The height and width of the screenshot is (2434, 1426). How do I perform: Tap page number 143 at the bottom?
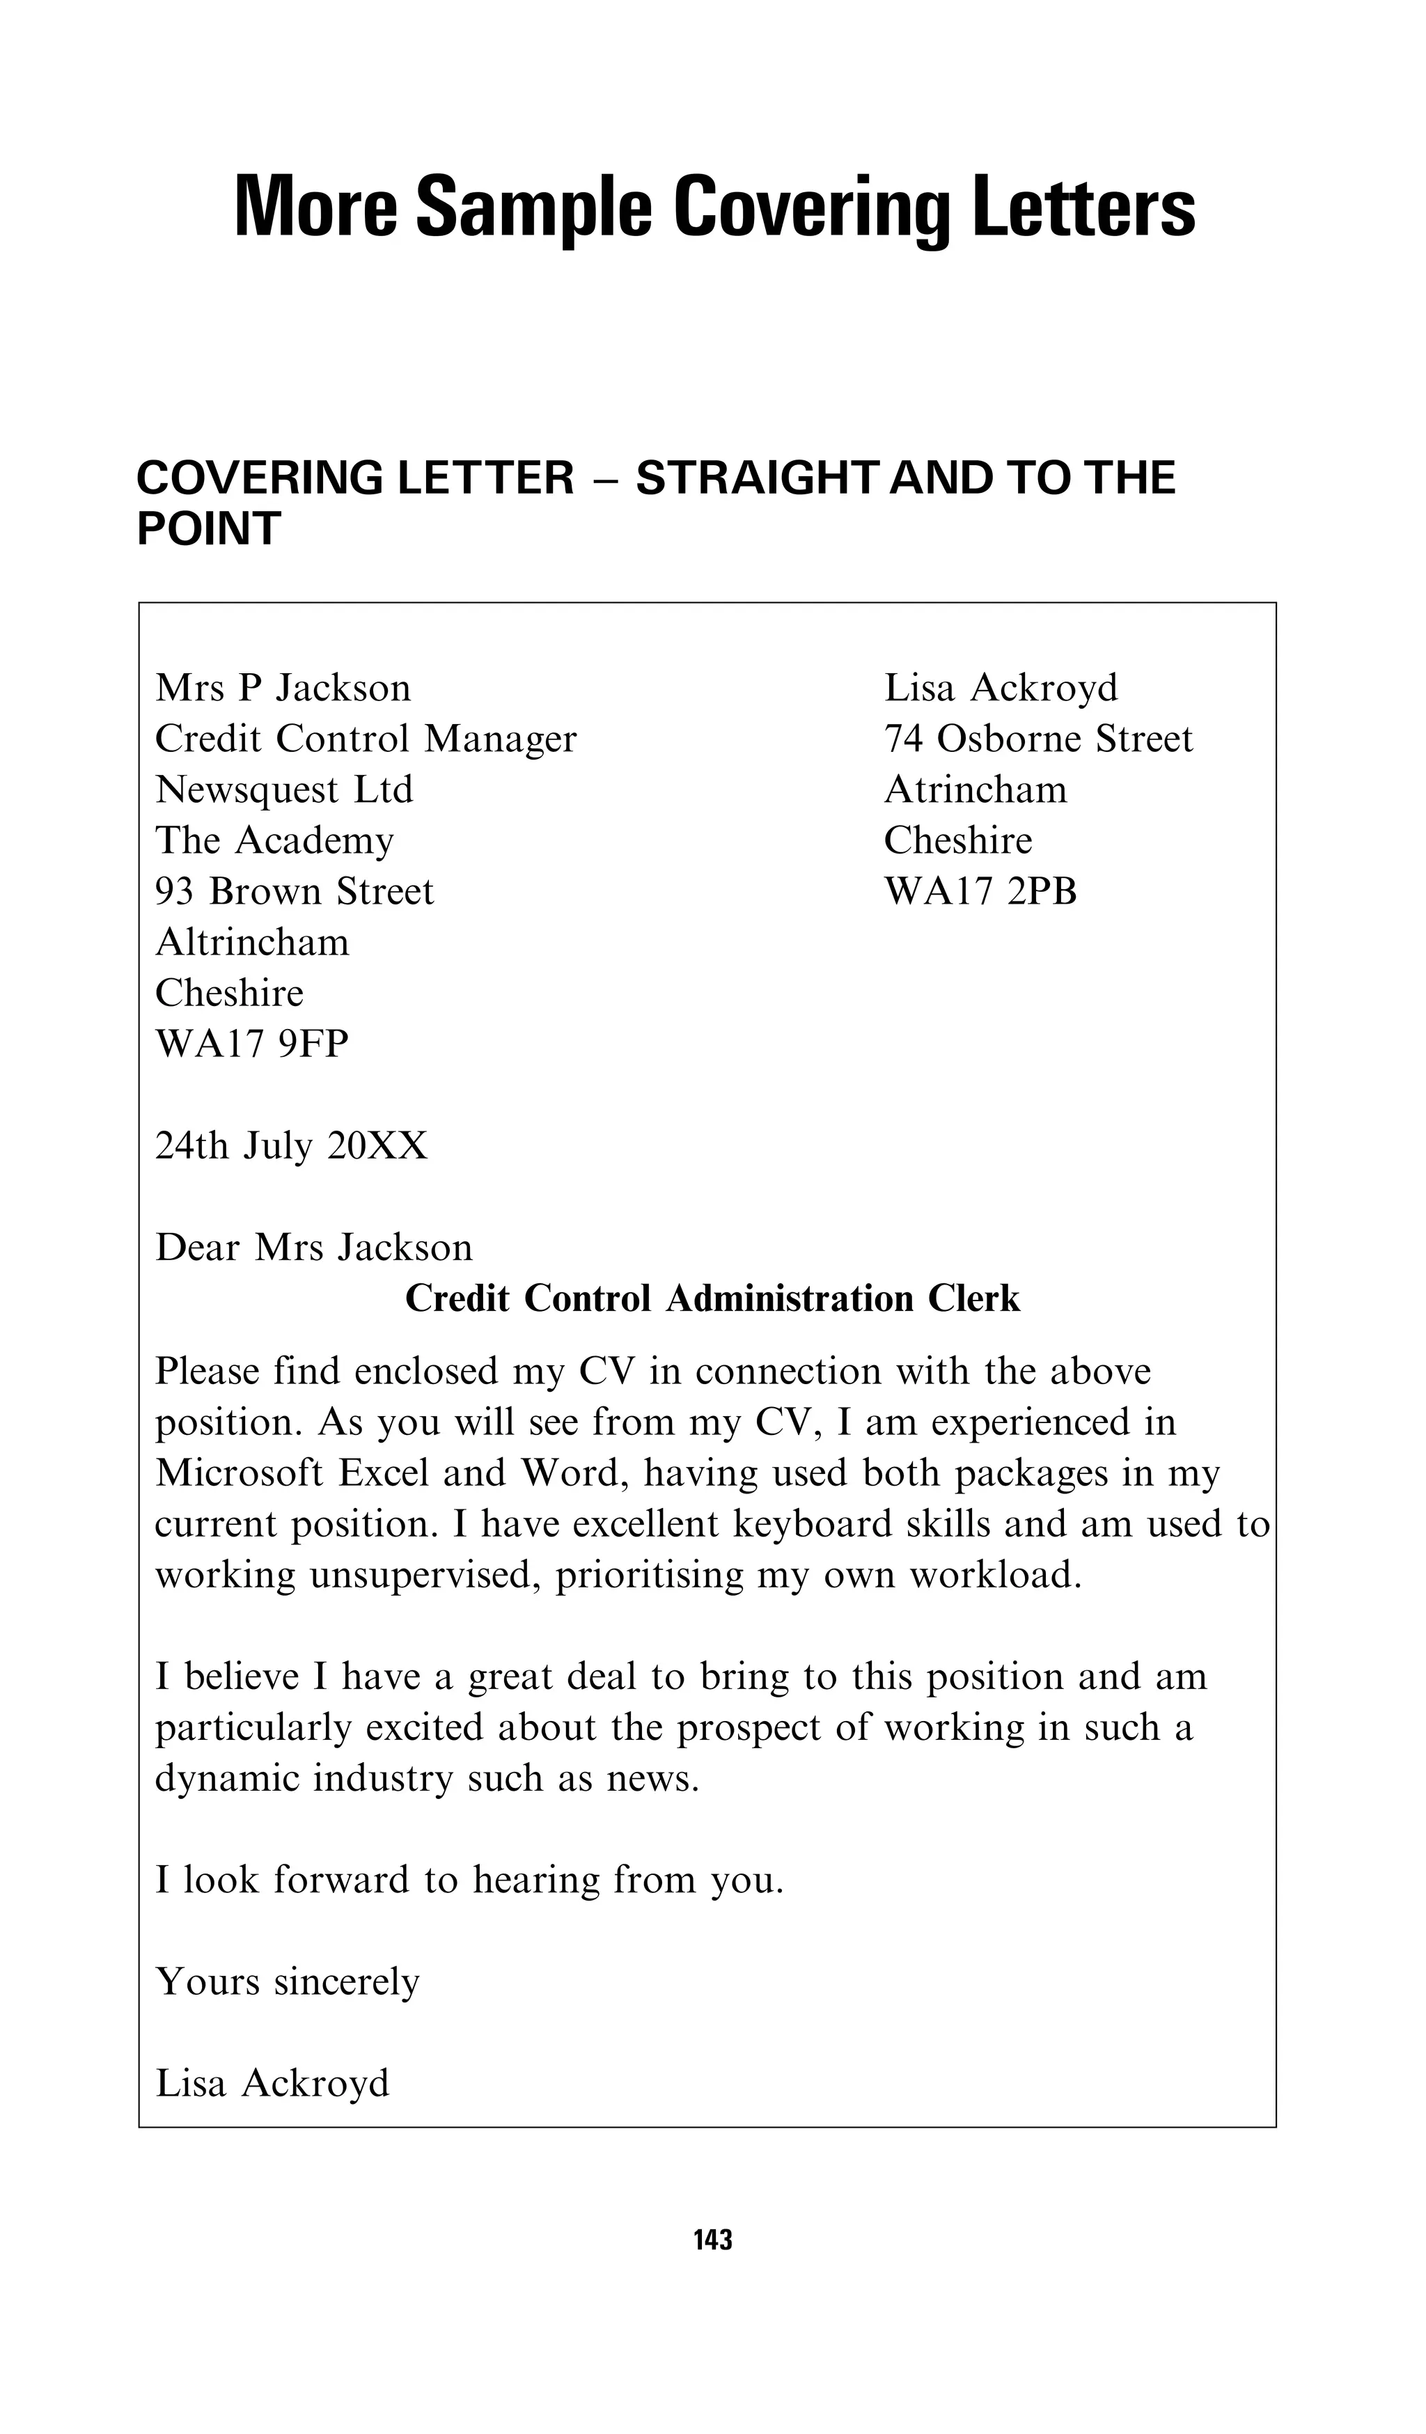click(x=712, y=2259)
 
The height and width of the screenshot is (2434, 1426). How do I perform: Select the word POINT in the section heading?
click(x=209, y=529)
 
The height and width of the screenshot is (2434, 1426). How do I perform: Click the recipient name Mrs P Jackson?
click(x=283, y=689)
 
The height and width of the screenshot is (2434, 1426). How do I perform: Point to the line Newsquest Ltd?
click(x=284, y=790)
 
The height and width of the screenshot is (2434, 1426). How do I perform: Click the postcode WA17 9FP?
click(x=251, y=1044)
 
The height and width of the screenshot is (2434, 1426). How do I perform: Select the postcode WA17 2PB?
click(x=980, y=891)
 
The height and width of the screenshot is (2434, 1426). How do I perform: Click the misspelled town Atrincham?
click(x=975, y=790)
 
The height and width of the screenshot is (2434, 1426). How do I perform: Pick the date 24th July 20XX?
click(x=291, y=1147)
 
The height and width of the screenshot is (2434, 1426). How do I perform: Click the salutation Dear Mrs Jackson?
click(x=314, y=1248)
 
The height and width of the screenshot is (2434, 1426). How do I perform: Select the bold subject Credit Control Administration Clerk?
click(x=712, y=1299)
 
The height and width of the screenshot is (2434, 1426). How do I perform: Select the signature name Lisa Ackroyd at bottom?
click(x=272, y=2083)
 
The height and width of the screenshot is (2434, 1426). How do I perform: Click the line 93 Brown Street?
click(x=295, y=891)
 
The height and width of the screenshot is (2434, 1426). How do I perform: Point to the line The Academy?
click(x=274, y=841)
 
